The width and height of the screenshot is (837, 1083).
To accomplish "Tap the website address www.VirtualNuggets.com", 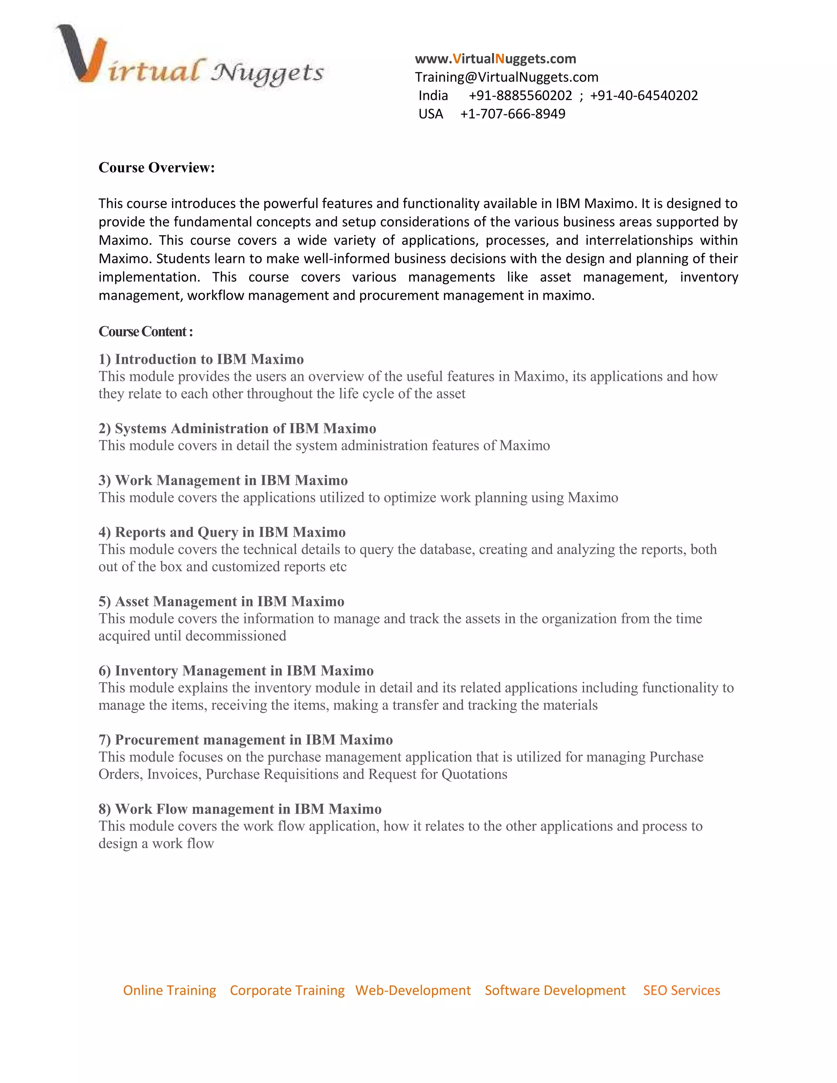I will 495,59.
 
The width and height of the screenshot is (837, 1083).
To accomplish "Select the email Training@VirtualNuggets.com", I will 506,77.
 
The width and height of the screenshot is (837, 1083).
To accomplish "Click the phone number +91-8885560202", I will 520,96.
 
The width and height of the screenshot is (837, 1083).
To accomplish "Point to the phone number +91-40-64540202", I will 644,96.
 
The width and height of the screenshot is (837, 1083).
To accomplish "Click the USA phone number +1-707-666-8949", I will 512,114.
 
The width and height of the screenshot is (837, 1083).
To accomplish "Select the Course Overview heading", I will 157,168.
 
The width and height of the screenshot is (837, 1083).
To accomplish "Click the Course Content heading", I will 145,331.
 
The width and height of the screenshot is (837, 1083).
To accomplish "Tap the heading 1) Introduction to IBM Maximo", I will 201,359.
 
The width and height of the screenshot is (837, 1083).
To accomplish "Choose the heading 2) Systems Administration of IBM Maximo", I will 237,428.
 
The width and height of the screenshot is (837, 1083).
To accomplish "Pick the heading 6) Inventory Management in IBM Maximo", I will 235,670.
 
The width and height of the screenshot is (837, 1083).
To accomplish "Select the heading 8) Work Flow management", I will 239,809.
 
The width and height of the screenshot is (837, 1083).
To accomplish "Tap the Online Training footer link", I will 170,990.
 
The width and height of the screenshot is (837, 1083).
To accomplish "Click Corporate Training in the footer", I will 287,990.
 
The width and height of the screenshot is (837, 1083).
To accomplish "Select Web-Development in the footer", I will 413,990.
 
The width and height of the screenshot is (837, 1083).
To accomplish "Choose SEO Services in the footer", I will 681,990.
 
